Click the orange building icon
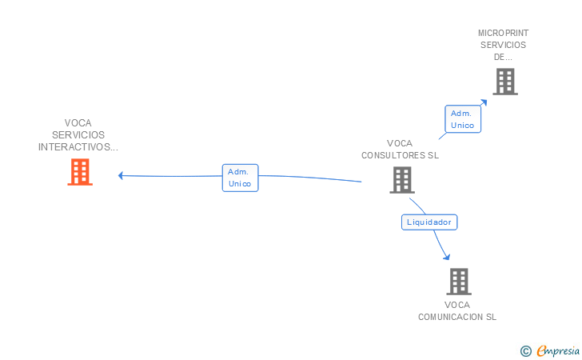(80, 172)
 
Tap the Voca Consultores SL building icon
(402, 180)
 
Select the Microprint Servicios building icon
(504, 82)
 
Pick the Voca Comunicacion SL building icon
(458, 282)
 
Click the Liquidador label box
(429, 222)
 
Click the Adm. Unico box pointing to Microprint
(463, 119)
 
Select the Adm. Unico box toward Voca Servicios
(240, 178)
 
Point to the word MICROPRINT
(504, 33)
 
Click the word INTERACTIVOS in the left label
(77, 147)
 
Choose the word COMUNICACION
(450, 317)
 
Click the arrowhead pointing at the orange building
(121, 175)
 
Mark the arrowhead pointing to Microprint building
(484, 102)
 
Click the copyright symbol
(525, 350)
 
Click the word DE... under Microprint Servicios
(503, 57)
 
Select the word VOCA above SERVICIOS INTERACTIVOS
(78, 123)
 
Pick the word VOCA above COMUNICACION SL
(457, 305)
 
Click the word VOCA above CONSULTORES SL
(400, 144)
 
